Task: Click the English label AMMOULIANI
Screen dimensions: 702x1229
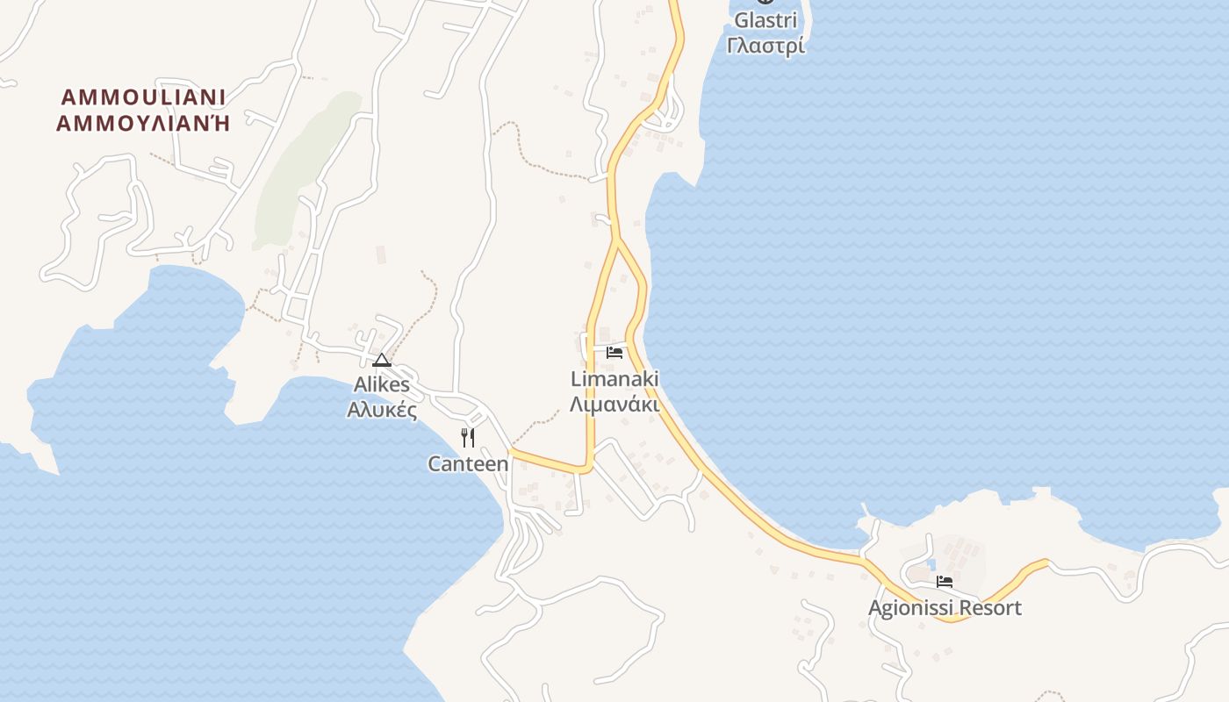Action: pyautogui.click(x=143, y=97)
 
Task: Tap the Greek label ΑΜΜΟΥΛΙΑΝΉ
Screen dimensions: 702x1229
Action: pyautogui.click(x=143, y=123)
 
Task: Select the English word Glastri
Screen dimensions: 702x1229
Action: pyautogui.click(x=765, y=20)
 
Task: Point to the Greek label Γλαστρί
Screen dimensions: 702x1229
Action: pyautogui.click(x=765, y=46)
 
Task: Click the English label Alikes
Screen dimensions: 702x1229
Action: pyautogui.click(x=382, y=384)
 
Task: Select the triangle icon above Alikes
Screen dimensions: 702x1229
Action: pyautogui.click(x=382, y=360)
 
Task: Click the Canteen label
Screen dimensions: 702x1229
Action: pyautogui.click(x=468, y=463)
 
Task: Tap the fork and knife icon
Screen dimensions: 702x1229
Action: pyautogui.click(x=468, y=437)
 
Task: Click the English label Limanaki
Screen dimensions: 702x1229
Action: pyautogui.click(x=614, y=379)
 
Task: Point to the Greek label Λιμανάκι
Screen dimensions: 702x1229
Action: pyautogui.click(x=614, y=405)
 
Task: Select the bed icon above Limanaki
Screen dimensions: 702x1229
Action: pyautogui.click(x=614, y=353)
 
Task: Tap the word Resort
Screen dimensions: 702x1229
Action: pyautogui.click(x=990, y=608)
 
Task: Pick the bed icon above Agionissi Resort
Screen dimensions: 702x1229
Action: pyautogui.click(x=945, y=581)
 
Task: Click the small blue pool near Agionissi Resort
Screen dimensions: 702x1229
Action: pyautogui.click(x=931, y=564)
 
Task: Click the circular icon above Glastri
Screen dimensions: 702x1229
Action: pyautogui.click(x=765, y=2)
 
